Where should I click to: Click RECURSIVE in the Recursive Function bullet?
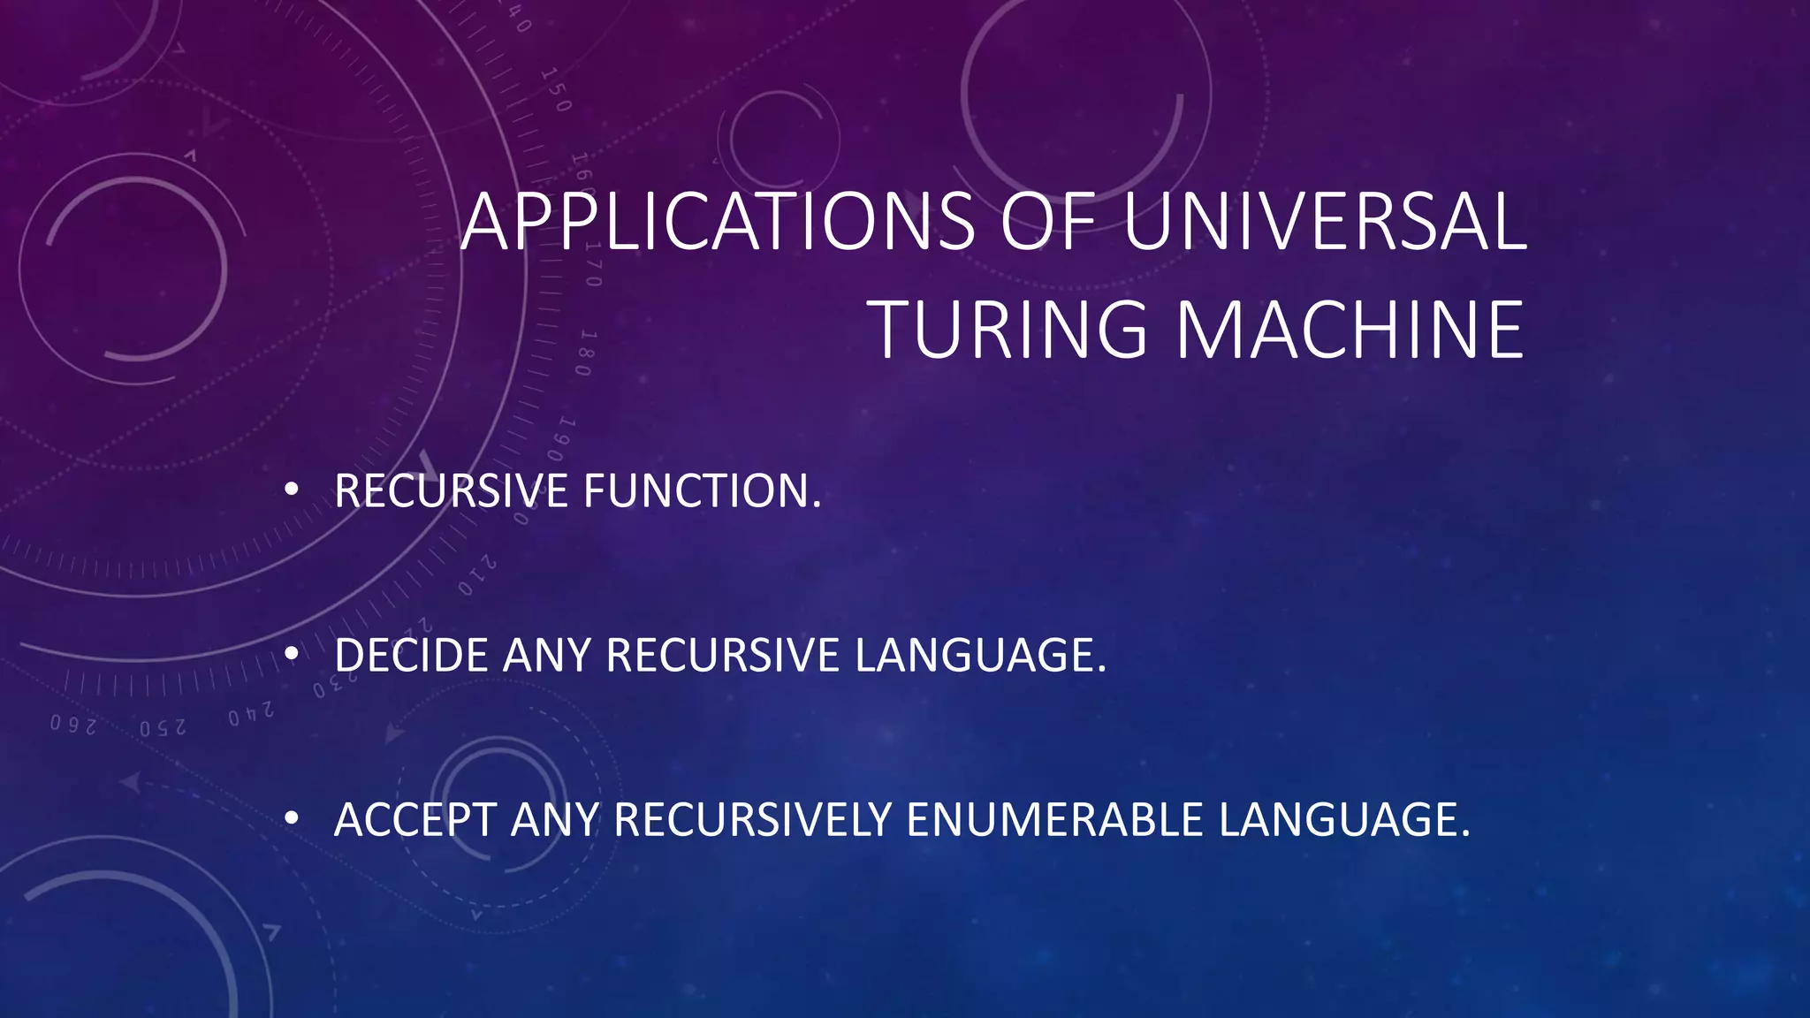[451, 491]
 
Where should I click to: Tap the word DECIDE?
[410, 656]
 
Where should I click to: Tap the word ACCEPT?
[414, 820]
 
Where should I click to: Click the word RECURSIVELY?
[752, 820]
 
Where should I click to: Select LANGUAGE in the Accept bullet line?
[1343, 820]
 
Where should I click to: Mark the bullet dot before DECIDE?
[292, 654]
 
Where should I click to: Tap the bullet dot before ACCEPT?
[292, 818]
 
